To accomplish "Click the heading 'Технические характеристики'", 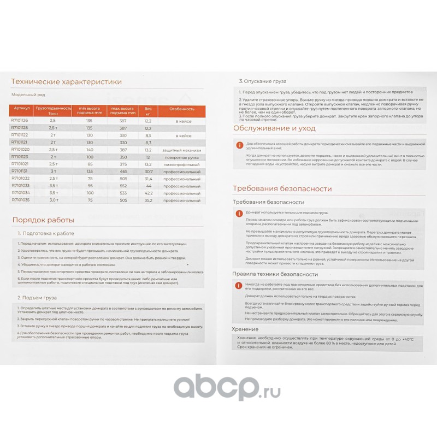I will point(66,82).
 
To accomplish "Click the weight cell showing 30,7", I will point(147,171).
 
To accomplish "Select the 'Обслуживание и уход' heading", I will point(274,128).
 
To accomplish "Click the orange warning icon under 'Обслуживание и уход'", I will point(238,145).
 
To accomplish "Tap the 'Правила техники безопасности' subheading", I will point(275,274).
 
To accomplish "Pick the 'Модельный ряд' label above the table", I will point(28,95).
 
